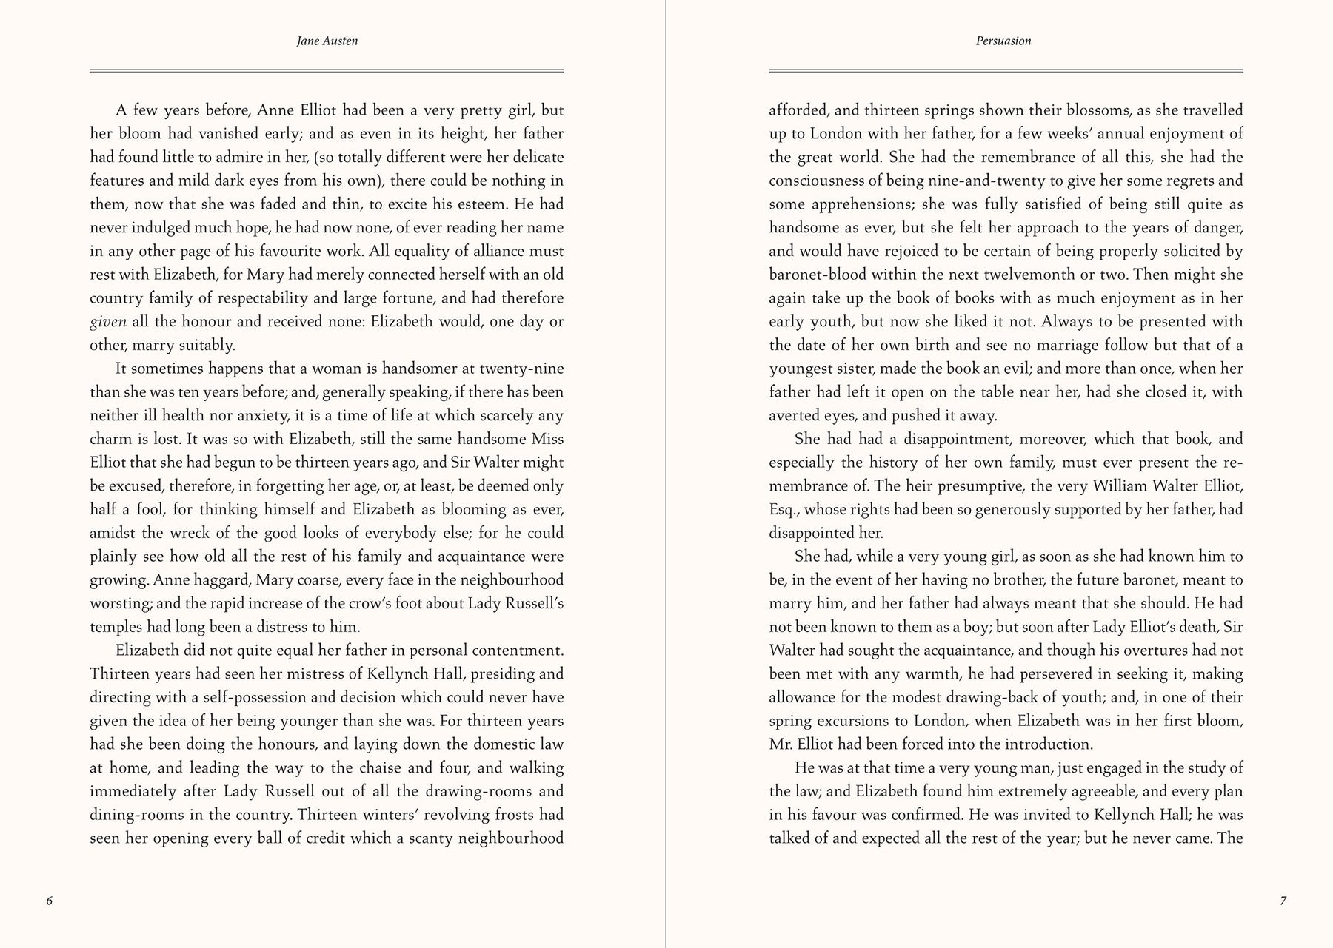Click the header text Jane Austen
(327, 41)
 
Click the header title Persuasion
(1003, 41)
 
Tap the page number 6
(50, 901)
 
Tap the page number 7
(1283, 901)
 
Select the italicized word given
(108, 322)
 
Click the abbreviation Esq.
(784, 510)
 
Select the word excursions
(863, 721)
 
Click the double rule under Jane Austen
(327, 71)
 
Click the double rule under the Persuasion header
(1006, 71)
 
